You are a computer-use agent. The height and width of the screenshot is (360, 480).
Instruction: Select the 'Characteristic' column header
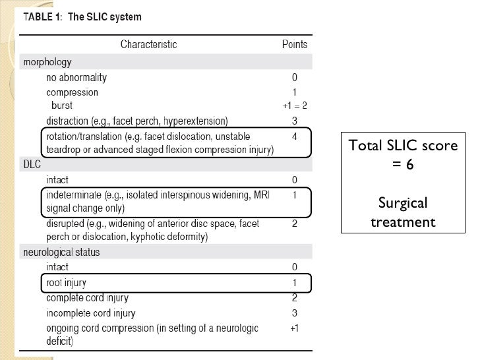click(x=148, y=45)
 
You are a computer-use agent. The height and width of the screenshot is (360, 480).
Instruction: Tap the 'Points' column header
click(x=295, y=45)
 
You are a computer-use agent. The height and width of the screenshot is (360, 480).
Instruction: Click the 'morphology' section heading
click(x=47, y=63)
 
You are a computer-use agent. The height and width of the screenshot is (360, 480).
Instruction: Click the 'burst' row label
click(x=63, y=105)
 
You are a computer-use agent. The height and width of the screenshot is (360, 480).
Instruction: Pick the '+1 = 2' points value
click(x=295, y=106)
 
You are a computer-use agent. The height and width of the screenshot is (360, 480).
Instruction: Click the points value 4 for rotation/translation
click(x=295, y=136)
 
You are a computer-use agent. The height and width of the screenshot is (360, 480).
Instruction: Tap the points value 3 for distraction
click(x=295, y=121)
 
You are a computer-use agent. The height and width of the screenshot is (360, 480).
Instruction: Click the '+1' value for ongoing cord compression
click(x=295, y=328)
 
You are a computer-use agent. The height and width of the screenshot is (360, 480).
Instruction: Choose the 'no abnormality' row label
click(x=76, y=77)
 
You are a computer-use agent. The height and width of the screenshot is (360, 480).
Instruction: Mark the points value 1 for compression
click(x=295, y=92)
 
